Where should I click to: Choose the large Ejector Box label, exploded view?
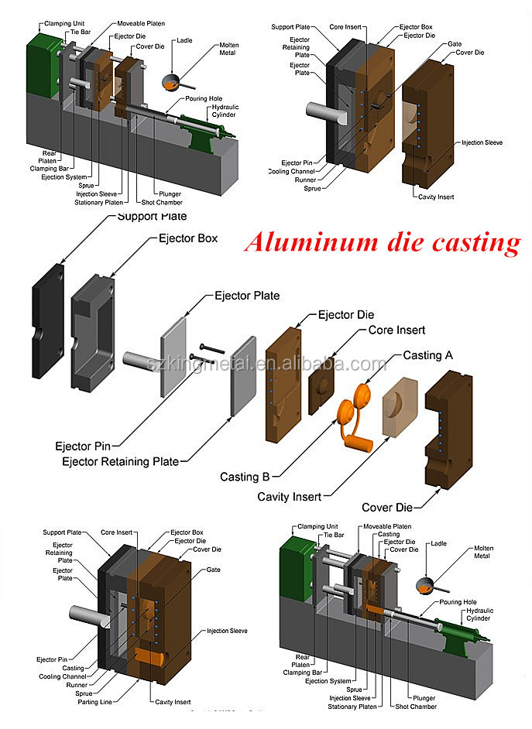coord(187,238)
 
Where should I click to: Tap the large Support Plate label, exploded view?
coord(152,217)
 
